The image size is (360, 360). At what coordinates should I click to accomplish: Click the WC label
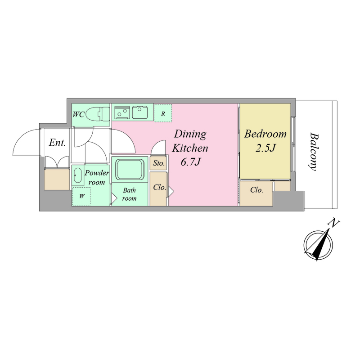(x=78, y=114)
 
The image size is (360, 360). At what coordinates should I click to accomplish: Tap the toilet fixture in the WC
(x=99, y=114)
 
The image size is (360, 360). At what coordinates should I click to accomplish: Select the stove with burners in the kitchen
(x=122, y=112)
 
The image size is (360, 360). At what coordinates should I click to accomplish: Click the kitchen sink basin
(x=139, y=112)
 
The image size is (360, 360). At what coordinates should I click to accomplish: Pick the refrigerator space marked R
(x=163, y=113)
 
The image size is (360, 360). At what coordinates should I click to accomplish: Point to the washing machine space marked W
(x=81, y=196)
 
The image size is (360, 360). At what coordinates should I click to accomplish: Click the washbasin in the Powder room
(x=77, y=175)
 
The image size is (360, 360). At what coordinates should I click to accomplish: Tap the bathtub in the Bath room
(x=130, y=170)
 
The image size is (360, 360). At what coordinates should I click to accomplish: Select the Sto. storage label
(x=159, y=163)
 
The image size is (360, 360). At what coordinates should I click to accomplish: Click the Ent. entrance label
(x=57, y=143)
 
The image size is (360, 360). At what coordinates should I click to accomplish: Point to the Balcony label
(x=314, y=152)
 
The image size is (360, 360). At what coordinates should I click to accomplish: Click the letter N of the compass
(x=334, y=223)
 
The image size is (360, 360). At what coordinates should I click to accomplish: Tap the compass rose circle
(x=318, y=245)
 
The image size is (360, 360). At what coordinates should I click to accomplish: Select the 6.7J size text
(x=190, y=162)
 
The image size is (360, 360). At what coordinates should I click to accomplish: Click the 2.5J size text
(x=265, y=148)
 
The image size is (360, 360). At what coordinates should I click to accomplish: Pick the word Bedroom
(x=265, y=134)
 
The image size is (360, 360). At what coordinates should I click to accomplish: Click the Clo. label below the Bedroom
(x=256, y=190)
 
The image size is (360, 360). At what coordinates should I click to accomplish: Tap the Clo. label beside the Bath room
(x=159, y=188)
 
